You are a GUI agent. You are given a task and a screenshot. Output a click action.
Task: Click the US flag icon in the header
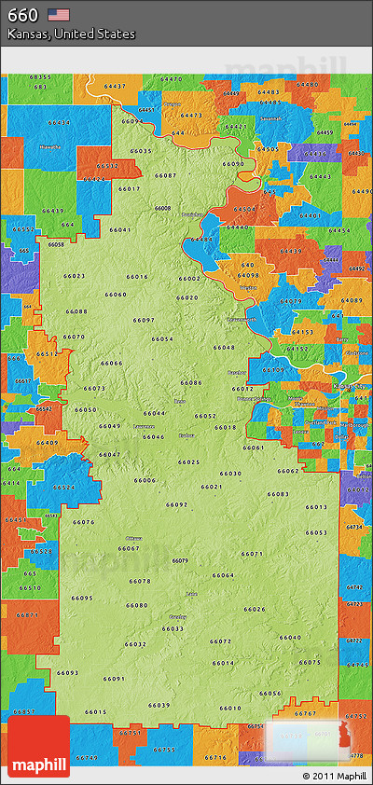59,14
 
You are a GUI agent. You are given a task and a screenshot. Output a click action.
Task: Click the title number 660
22,14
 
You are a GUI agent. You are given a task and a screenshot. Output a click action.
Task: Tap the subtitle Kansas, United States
71,34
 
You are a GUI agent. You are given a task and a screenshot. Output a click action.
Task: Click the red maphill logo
38,747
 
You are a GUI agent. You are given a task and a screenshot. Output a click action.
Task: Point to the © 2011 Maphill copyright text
334,776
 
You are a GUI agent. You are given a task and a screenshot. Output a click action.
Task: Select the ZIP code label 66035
141,151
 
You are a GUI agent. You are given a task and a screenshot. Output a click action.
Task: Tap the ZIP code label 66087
165,175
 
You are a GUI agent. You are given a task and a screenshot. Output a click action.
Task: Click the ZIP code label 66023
75,276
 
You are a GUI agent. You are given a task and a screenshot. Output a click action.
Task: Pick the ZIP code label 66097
144,320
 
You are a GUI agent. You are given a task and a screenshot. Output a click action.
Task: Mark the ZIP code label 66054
162,339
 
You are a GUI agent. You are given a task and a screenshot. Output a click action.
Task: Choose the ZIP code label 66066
112,363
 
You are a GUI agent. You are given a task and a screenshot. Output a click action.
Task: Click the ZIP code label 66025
189,461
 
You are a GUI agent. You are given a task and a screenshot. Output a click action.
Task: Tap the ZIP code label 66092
177,504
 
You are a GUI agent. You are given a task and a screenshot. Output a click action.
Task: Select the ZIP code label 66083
278,494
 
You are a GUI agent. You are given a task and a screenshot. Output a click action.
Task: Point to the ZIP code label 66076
84,522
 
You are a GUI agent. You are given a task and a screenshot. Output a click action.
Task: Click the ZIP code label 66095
82,598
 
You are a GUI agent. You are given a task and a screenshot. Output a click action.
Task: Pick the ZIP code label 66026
255,609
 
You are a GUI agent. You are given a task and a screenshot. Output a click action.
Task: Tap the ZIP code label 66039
159,705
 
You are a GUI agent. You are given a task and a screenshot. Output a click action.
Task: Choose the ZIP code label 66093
68,672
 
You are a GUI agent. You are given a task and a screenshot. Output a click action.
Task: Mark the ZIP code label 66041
120,229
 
